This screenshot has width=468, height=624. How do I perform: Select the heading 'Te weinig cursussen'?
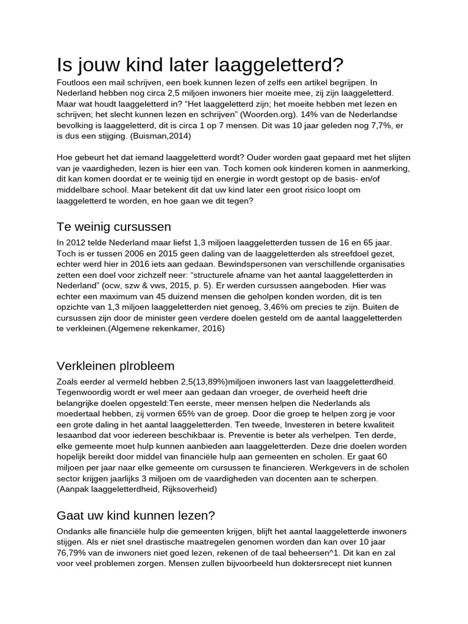click(113, 227)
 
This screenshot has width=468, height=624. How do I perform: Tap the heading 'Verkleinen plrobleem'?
click(115, 366)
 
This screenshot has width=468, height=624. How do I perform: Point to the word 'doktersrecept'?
click(322, 564)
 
